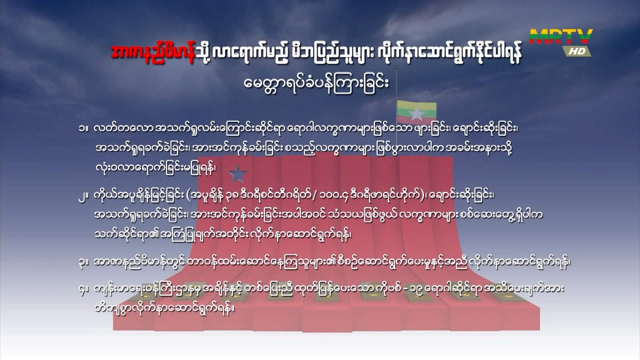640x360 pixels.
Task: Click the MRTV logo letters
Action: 561,37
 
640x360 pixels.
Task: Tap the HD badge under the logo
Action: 577,51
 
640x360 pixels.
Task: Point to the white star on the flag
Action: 416,114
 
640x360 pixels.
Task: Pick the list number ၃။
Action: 83,262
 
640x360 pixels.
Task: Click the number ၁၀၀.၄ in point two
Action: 331,197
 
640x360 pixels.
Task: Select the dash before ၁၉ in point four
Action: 405,289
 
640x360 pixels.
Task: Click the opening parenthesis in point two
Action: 189,197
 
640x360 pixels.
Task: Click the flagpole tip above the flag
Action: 397,67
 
